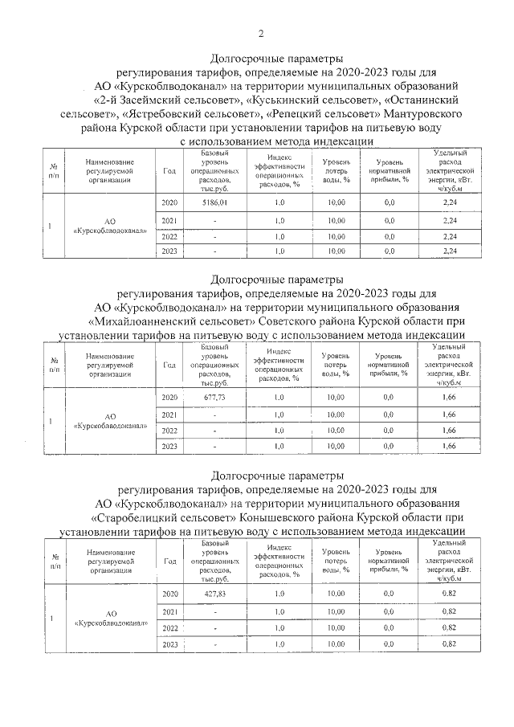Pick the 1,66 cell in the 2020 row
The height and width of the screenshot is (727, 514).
449,397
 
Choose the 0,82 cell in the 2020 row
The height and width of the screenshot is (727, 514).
449,594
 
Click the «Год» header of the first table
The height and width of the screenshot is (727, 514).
169,170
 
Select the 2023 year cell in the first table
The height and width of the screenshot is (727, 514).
169,251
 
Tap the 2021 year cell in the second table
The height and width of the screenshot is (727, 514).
169,415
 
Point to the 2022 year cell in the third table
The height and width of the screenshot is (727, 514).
169,627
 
